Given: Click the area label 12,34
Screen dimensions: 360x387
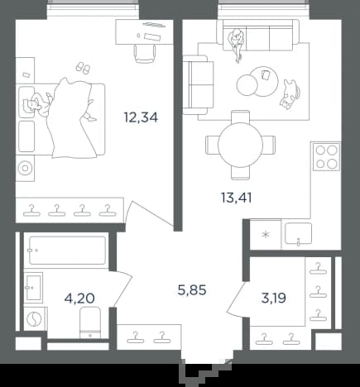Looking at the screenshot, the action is tap(141, 117).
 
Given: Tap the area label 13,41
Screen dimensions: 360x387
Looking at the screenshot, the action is tap(237, 198).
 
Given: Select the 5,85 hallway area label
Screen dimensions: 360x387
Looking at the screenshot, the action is tap(192, 290).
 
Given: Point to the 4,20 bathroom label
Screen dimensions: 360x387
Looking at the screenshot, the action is tap(79, 298).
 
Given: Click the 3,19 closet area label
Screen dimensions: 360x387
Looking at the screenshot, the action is tap(273, 298).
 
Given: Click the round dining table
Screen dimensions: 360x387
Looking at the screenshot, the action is tap(240, 145).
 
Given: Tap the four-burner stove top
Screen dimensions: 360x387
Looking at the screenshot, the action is tap(327, 156).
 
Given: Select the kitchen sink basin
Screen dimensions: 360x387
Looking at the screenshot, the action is tap(298, 234).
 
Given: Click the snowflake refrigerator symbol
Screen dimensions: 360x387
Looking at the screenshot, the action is tap(266, 235).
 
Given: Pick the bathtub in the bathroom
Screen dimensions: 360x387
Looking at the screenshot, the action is tap(68, 250).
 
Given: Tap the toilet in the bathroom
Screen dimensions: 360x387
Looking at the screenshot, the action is tap(90, 322).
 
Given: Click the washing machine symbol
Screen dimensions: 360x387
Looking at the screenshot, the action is tap(35, 318).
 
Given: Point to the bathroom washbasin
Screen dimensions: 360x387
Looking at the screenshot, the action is tap(34, 288).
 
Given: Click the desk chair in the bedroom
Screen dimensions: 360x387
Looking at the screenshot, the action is tap(145, 54).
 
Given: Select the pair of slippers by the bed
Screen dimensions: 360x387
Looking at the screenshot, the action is tap(83, 68).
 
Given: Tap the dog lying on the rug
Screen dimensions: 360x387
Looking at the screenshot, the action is tap(290, 93).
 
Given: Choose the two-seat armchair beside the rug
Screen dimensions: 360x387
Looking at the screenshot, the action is tap(199, 84).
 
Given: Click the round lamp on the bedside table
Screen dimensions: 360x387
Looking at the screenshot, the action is tap(25, 168).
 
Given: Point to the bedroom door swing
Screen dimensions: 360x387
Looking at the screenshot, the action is tap(149, 213).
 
